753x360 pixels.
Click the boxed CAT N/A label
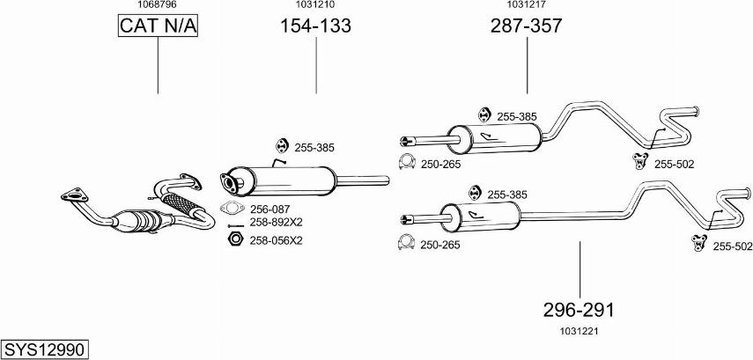(159, 27)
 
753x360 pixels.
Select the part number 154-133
(315, 26)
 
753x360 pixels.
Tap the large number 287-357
(526, 26)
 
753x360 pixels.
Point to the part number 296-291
(579, 310)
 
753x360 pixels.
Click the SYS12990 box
(44, 349)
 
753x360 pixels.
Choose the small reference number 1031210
(314, 5)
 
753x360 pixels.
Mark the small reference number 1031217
(526, 5)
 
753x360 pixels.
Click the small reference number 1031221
(578, 331)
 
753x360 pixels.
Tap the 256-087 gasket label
(269, 209)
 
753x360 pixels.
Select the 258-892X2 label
(276, 223)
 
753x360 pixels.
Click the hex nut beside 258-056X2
(234, 239)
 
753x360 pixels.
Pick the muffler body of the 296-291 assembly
(479, 217)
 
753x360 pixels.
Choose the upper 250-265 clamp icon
(407, 163)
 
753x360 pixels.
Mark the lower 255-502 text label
(732, 246)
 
